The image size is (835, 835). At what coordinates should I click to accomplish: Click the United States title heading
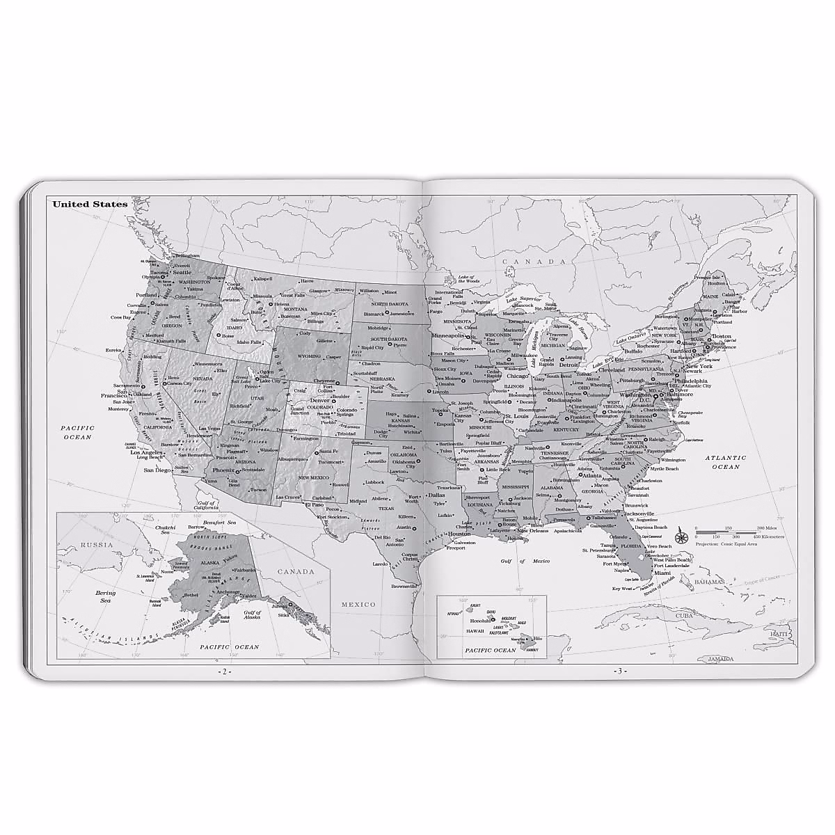(x=90, y=205)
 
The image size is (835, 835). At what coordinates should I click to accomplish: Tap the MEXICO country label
(x=359, y=605)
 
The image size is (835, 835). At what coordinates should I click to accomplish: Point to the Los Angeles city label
(x=147, y=452)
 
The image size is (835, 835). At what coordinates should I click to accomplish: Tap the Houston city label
(x=459, y=534)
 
